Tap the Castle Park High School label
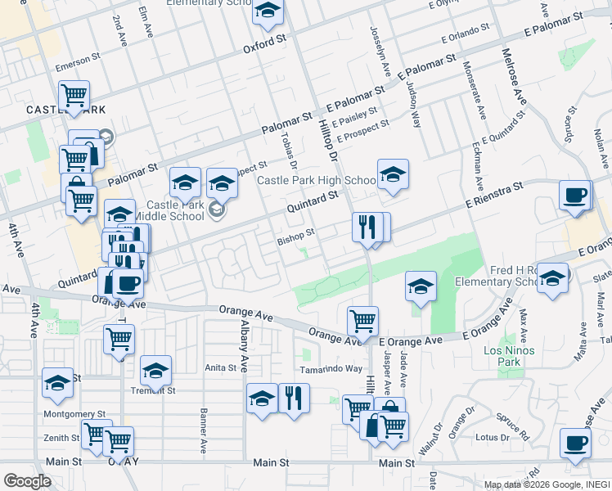pos(317,180)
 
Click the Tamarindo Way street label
pos(331,369)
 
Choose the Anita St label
pos(220,368)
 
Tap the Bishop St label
pos(295,235)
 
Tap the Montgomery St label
pos(74,415)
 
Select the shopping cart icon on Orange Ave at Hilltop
pos(362,319)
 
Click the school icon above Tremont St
pos(155,371)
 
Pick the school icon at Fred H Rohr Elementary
pos(552,277)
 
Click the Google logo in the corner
pos(27,481)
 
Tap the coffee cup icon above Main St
pos(575,443)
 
